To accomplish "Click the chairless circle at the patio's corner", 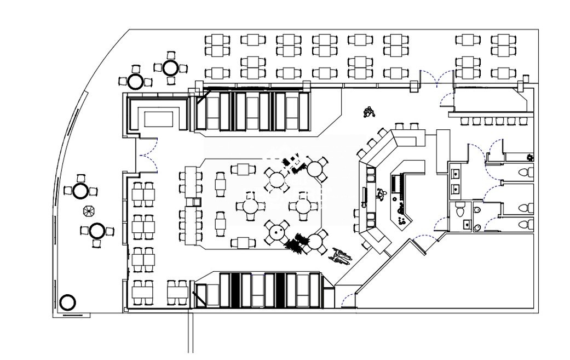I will tap(67, 302).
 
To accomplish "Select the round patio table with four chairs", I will tap(170, 67).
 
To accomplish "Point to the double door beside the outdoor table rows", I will tap(436, 79).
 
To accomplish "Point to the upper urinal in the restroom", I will tap(477, 209).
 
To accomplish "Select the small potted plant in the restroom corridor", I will tap(529, 158).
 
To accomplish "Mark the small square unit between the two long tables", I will tap(191, 202).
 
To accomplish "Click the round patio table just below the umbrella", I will tap(97, 231).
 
